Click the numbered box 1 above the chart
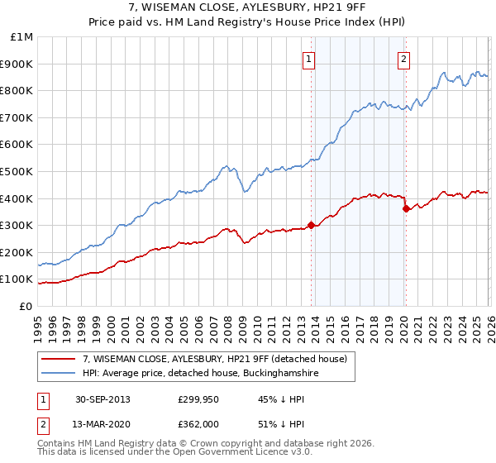tap(308, 59)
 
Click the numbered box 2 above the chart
tap(403, 59)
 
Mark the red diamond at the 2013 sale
tap(311, 225)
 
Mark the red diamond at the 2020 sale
tap(406, 208)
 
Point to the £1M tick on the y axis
tap(21, 37)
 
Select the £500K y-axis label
tap(18, 172)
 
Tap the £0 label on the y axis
tap(26, 306)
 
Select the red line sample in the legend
tap(59, 358)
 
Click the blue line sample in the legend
tap(59, 373)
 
